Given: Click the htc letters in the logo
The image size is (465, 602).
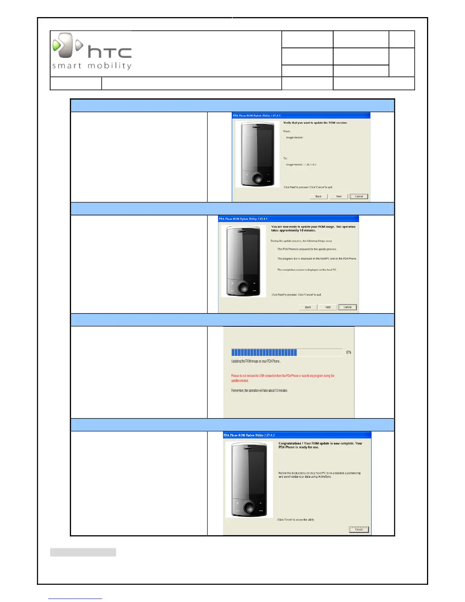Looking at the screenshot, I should (109, 52).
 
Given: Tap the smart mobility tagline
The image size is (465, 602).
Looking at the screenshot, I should (92, 66).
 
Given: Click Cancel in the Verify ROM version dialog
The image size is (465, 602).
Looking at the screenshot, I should (359, 196).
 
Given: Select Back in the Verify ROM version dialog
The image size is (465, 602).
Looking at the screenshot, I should (318, 196).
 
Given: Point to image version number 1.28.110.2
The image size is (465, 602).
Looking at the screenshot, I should (310, 165).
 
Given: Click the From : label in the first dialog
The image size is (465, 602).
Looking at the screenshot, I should (287, 131).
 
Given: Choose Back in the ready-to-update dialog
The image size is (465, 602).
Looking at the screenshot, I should (308, 307).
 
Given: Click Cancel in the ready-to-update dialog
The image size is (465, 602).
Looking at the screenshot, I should (348, 307).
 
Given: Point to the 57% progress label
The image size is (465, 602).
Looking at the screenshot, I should (349, 353).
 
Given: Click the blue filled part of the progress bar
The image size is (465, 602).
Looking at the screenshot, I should (264, 352).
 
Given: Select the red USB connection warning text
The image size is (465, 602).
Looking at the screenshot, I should (283, 378).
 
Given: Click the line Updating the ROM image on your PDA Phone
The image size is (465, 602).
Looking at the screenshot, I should (256, 361).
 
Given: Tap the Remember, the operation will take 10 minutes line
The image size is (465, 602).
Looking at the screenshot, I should (259, 390).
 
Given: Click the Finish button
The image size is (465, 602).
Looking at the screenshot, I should (359, 529).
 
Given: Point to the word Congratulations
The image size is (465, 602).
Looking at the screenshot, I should (290, 443).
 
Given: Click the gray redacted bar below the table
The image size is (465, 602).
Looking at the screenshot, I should (83, 552).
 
